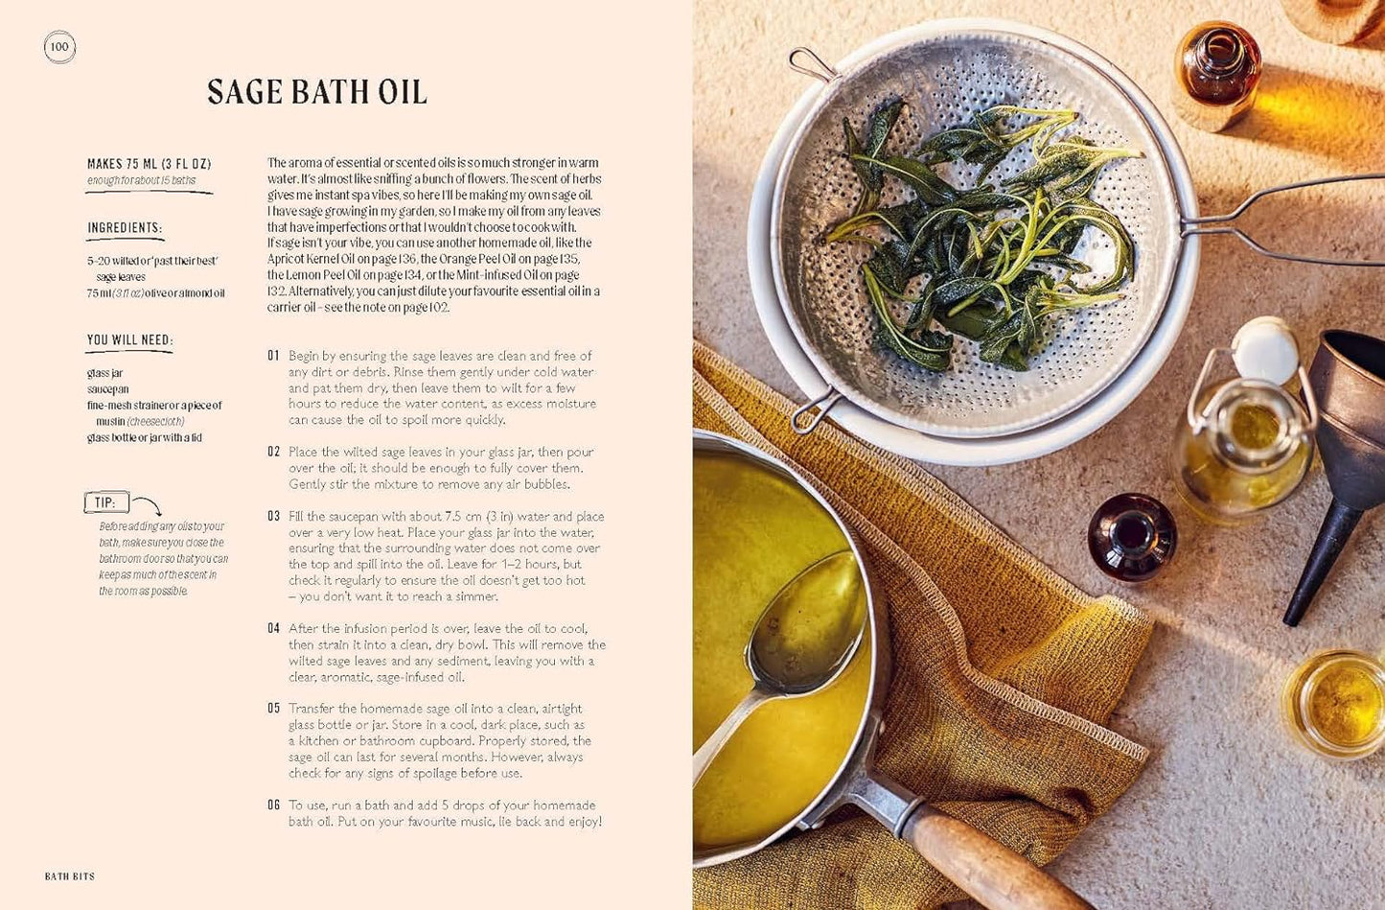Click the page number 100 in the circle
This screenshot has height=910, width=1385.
[59, 47]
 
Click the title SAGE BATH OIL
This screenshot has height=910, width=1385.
[316, 92]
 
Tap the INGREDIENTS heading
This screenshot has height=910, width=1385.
[125, 228]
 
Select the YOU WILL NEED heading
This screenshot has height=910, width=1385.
[129, 340]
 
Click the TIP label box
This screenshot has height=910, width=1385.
[105, 502]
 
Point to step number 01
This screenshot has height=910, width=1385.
[274, 356]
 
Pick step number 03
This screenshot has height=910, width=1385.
[274, 517]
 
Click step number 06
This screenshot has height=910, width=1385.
[274, 805]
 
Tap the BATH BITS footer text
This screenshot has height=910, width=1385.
[70, 876]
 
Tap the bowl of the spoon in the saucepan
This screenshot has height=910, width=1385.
[810, 623]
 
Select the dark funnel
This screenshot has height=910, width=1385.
[1342, 460]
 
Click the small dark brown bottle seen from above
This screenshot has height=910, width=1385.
[1132, 536]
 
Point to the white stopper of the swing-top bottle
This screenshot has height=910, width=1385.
[1265, 349]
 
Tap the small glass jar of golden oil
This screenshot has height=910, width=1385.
[1335, 703]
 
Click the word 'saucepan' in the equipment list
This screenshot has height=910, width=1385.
[108, 389]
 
